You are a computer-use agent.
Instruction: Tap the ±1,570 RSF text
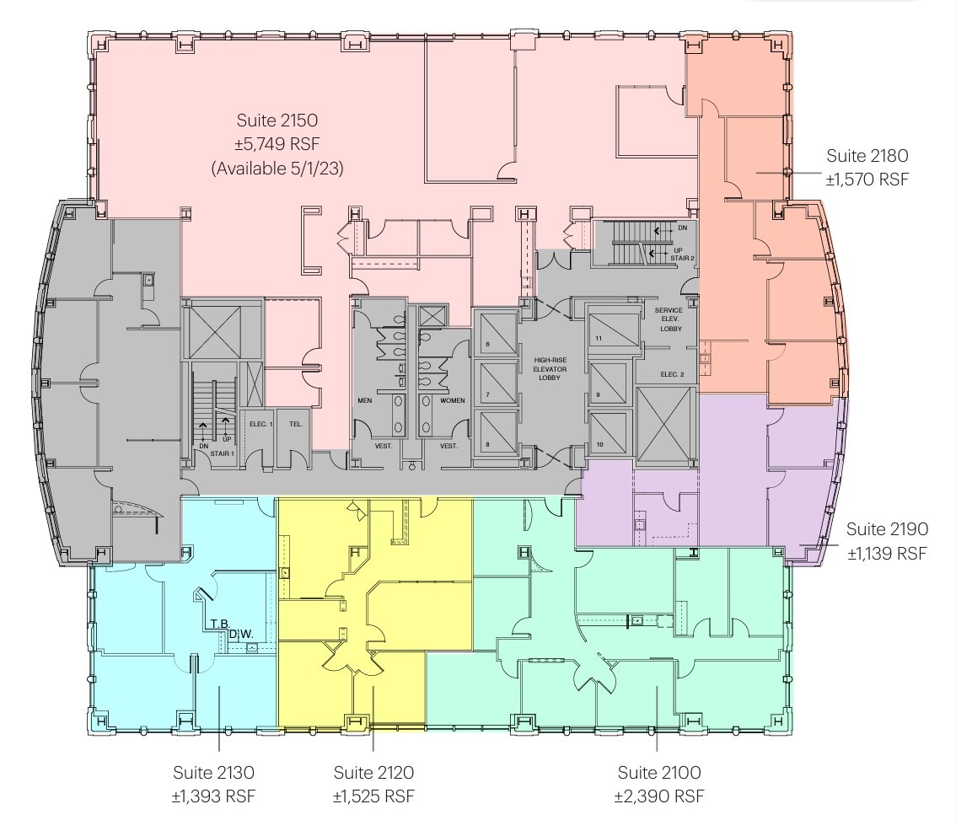[x=867, y=179]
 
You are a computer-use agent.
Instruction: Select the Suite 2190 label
[x=887, y=529]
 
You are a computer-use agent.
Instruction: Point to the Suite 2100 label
[x=659, y=773]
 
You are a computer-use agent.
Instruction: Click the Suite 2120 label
[x=373, y=773]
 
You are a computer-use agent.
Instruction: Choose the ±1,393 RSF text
[x=213, y=796]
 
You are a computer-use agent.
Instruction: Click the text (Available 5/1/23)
[x=277, y=169]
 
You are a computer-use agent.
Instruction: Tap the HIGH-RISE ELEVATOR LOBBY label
[x=556, y=368]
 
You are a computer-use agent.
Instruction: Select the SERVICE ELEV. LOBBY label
[x=669, y=319]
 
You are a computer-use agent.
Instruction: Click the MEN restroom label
[x=365, y=400]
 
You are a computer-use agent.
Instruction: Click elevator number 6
[x=487, y=345]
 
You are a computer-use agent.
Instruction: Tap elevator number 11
[x=598, y=339]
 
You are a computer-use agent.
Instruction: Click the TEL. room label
[x=295, y=424]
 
